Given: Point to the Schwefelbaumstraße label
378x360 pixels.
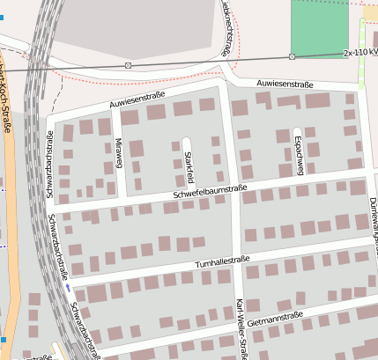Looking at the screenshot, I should (210, 190).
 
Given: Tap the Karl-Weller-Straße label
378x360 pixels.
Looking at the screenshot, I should (241, 328).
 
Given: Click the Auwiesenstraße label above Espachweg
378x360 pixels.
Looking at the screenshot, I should (285, 84).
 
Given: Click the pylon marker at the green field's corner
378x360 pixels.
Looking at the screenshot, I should (292, 56).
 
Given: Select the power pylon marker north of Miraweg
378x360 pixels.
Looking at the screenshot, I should (129, 65).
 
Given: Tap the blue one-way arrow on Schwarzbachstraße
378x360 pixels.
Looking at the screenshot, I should (68, 286).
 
